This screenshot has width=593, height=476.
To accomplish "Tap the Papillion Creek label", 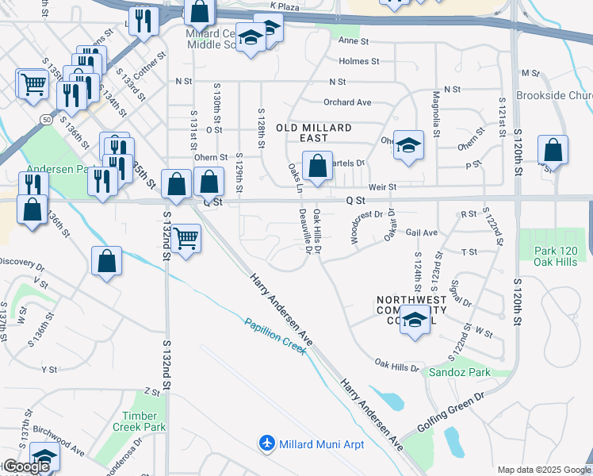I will point(275,335).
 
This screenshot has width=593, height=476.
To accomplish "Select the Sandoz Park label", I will point(459,371).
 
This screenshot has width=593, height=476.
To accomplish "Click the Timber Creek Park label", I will point(144,421).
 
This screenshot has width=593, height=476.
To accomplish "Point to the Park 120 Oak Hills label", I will point(554,256).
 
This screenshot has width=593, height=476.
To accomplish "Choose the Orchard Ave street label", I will point(347,102).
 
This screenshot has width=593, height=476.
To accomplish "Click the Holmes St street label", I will point(359,60).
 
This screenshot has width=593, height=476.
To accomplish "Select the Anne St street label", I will point(354,40).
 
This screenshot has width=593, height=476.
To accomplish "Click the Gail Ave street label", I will point(422,232).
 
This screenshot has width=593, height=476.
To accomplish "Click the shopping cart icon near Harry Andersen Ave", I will point(186,237).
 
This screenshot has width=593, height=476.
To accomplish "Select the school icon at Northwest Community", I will point(414,320).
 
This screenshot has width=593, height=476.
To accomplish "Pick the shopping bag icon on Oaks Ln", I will point(317,167).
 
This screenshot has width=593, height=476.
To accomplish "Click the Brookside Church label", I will point(554,95).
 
